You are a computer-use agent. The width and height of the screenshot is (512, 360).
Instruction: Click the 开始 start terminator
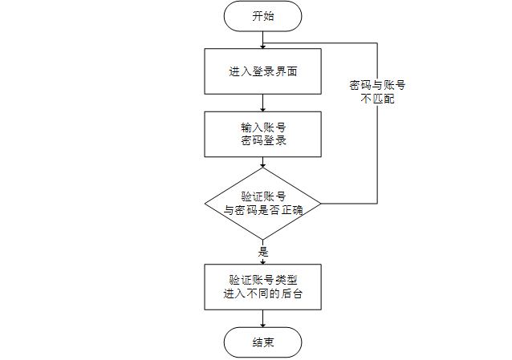[x=263, y=16]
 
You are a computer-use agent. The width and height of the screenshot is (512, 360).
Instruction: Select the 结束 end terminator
[x=263, y=342]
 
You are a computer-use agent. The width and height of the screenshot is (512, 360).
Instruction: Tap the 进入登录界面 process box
[x=263, y=71]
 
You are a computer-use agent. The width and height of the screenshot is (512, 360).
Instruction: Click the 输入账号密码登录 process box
[x=263, y=134]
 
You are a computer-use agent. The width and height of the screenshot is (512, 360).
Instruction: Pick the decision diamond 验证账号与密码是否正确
[x=263, y=204]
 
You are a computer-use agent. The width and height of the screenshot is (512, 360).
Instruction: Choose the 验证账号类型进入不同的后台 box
[x=263, y=287]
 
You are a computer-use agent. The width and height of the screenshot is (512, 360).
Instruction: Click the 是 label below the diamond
[x=263, y=252]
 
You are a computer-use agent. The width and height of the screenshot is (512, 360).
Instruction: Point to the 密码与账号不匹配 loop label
[x=377, y=91]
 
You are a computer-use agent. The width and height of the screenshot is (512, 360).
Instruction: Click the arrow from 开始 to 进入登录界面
[x=263, y=40]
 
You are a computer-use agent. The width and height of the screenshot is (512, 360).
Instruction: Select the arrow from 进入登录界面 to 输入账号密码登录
[x=263, y=103]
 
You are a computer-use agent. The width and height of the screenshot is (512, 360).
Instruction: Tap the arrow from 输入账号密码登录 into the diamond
[x=263, y=162]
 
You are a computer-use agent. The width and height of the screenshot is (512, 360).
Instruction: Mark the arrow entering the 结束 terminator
[x=263, y=318]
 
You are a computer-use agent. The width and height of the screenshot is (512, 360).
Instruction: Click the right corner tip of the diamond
[x=321, y=204]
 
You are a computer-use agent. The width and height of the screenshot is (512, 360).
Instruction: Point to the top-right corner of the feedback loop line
[x=377, y=42]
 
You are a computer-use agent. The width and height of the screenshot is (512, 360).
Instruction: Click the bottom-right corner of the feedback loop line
[x=377, y=204]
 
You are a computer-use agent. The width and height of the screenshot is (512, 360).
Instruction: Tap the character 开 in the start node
[x=258, y=16]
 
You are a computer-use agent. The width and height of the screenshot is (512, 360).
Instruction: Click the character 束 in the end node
[x=269, y=342]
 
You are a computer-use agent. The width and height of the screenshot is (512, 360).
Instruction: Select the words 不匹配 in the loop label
[x=377, y=99]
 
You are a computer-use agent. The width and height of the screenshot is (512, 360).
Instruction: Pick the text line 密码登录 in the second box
[x=263, y=140]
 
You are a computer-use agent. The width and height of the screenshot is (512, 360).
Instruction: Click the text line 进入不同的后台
[x=263, y=293]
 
